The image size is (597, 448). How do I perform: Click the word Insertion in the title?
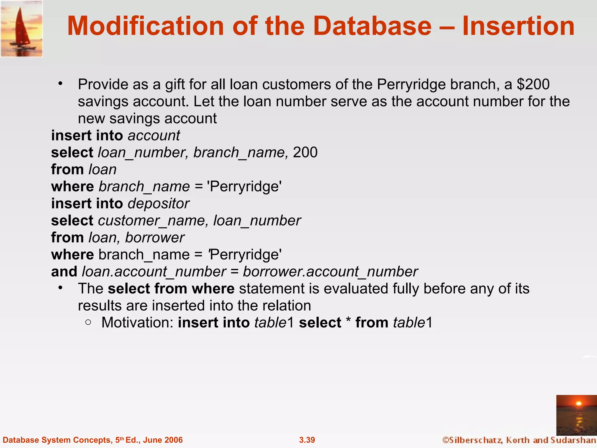pyautogui.click(x=518, y=26)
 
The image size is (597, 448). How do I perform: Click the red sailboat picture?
pyautogui.click(x=22, y=29)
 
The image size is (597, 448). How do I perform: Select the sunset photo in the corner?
pyautogui.click(x=576, y=415)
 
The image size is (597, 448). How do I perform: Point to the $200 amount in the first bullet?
pyautogui.click(x=533, y=84)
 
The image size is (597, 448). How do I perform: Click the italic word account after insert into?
pyautogui.click(x=154, y=136)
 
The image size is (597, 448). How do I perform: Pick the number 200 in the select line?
pyautogui.click(x=305, y=153)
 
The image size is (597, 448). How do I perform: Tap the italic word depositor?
pyautogui.click(x=159, y=204)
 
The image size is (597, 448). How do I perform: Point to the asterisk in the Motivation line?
pyautogui.click(x=348, y=322)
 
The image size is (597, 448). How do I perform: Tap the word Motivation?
pyautogui.click(x=137, y=323)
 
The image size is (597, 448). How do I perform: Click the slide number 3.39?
pyautogui.click(x=307, y=440)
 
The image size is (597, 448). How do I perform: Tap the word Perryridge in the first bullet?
pyautogui.click(x=411, y=84)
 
